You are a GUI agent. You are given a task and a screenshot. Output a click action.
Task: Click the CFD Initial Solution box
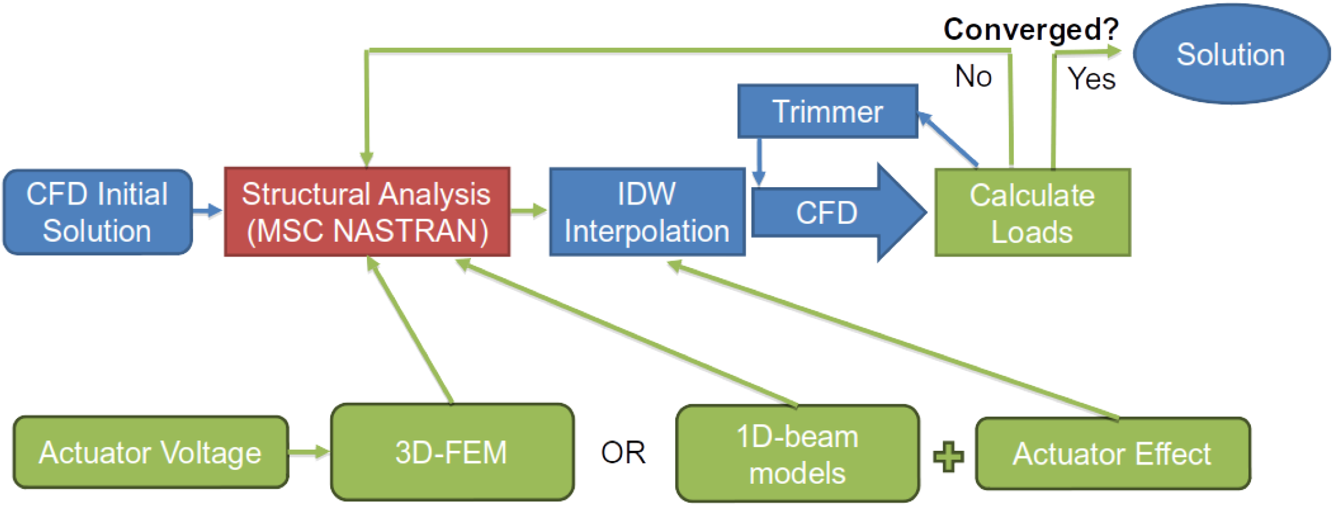[97, 212]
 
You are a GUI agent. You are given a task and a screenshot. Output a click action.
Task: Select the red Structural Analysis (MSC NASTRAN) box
[367, 212]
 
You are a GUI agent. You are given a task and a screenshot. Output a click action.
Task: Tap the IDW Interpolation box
[647, 212]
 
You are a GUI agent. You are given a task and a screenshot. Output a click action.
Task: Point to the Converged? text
[1031, 29]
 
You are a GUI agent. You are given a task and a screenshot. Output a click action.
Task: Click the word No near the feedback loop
[973, 76]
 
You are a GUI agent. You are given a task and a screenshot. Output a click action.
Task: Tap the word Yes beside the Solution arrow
[1092, 79]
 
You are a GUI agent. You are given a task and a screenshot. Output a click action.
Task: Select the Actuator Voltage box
[151, 453]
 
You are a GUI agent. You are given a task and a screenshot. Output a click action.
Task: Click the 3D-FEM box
[452, 452]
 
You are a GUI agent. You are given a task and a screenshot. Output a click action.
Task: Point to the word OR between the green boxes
[623, 453]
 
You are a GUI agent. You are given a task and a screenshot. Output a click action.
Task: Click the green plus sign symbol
[948, 456]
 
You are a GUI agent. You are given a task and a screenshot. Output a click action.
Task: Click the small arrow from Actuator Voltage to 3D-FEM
[308, 452]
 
